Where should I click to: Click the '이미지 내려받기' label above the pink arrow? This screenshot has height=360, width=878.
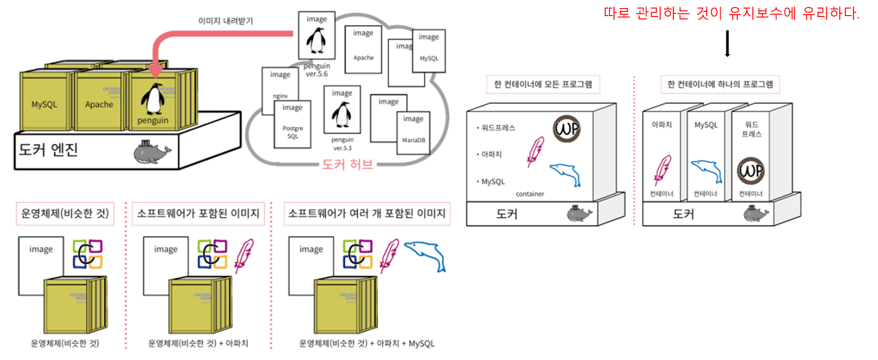pos(225,21)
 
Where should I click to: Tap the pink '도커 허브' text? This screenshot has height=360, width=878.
pos(348,164)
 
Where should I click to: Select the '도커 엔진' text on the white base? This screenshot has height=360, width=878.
pos(48,149)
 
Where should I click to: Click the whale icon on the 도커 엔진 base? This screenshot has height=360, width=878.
pos(151,152)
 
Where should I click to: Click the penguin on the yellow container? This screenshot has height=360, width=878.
pos(153,99)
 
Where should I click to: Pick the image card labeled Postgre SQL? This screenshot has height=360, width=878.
pos(293,124)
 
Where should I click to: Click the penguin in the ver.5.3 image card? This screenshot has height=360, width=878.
pos(342,115)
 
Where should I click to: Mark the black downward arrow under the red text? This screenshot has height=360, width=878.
pos(728,44)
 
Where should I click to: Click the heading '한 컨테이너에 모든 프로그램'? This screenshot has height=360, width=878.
pos(543,84)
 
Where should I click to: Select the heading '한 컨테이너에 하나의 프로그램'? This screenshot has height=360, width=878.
pos(720,84)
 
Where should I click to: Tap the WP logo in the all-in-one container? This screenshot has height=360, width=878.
pos(567,129)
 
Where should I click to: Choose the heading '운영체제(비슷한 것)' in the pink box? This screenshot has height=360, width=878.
pos(65,213)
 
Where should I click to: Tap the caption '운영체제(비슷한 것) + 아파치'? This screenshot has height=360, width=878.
pos(198,343)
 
